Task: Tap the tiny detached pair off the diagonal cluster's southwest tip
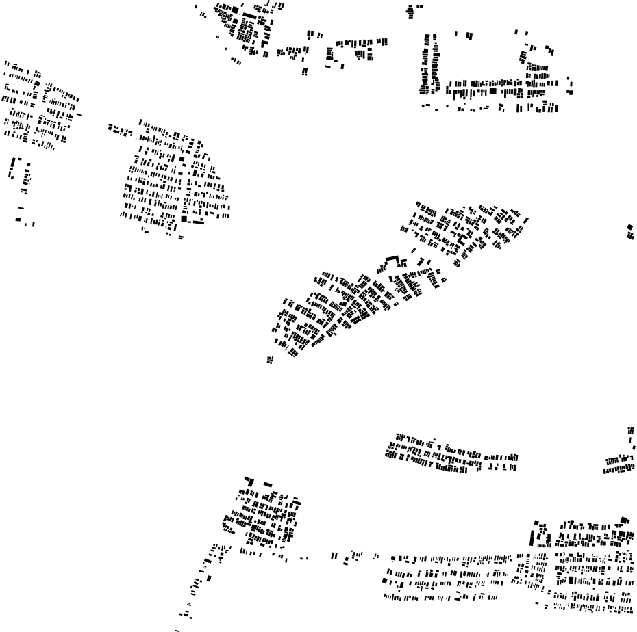[x=270, y=359]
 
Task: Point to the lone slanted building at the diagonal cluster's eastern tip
[x=526, y=220]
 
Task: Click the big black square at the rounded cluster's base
[x=184, y=220]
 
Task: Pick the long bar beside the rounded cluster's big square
[x=198, y=222]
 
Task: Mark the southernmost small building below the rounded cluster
[x=181, y=237]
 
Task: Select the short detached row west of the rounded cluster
[x=120, y=129]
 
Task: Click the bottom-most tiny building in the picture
[x=177, y=629]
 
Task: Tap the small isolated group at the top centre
[x=412, y=10]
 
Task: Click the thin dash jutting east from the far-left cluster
[x=79, y=114]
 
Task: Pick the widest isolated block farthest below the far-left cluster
[x=18, y=219]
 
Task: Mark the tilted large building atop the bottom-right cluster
[x=624, y=521]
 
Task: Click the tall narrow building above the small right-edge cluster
[x=631, y=431]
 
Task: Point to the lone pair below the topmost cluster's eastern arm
[x=305, y=70]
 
